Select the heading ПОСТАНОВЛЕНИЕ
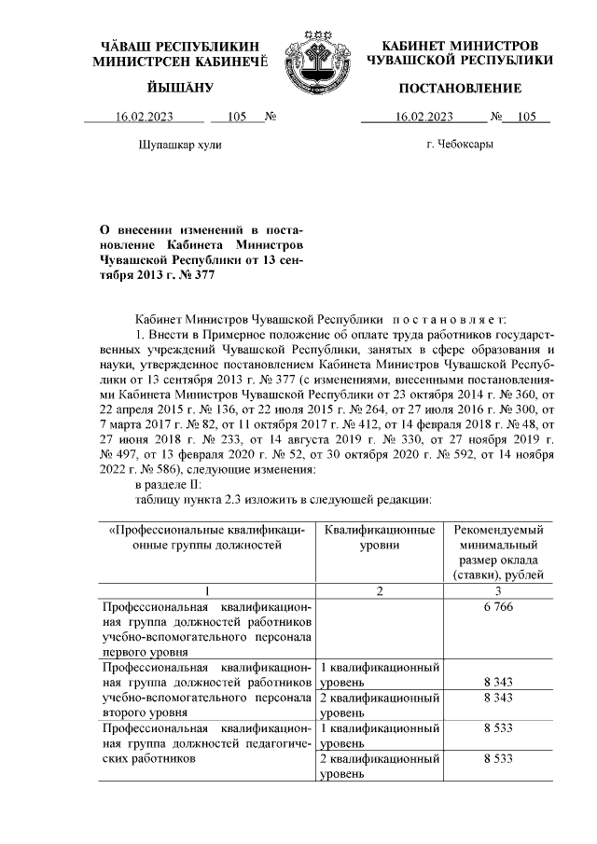point(460,89)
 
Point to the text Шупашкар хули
point(181,145)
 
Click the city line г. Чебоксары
point(460,145)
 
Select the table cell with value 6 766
point(499,607)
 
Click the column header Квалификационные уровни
point(379,537)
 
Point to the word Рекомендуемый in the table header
point(499,530)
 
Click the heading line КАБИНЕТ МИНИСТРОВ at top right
point(460,46)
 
